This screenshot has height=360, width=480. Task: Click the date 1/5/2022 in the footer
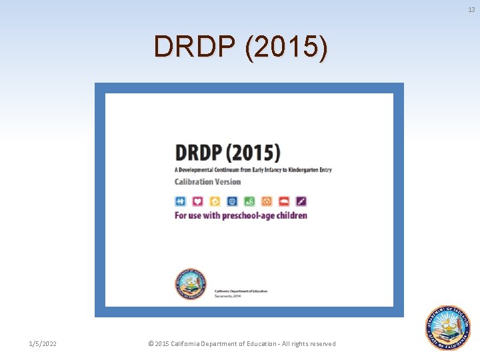(43, 343)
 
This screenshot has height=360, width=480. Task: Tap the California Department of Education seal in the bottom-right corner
(448, 327)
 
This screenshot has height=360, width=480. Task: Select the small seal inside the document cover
(191, 285)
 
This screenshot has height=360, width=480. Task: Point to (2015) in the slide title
(286, 47)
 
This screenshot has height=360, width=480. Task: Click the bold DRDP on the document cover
(199, 152)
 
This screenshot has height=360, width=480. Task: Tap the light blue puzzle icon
(181, 201)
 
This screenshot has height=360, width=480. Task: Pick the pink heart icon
(198, 201)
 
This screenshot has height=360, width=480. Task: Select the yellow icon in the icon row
(215, 201)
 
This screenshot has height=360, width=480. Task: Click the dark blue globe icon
(232, 201)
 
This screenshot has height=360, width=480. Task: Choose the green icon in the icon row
(249, 201)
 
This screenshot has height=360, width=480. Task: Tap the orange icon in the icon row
(267, 201)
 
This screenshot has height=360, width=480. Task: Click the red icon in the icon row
(284, 201)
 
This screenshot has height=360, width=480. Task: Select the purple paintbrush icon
(301, 201)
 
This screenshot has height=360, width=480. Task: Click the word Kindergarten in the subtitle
(296, 169)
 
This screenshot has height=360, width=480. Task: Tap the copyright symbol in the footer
(150, 343)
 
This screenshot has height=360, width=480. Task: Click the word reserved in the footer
(321, 343)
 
